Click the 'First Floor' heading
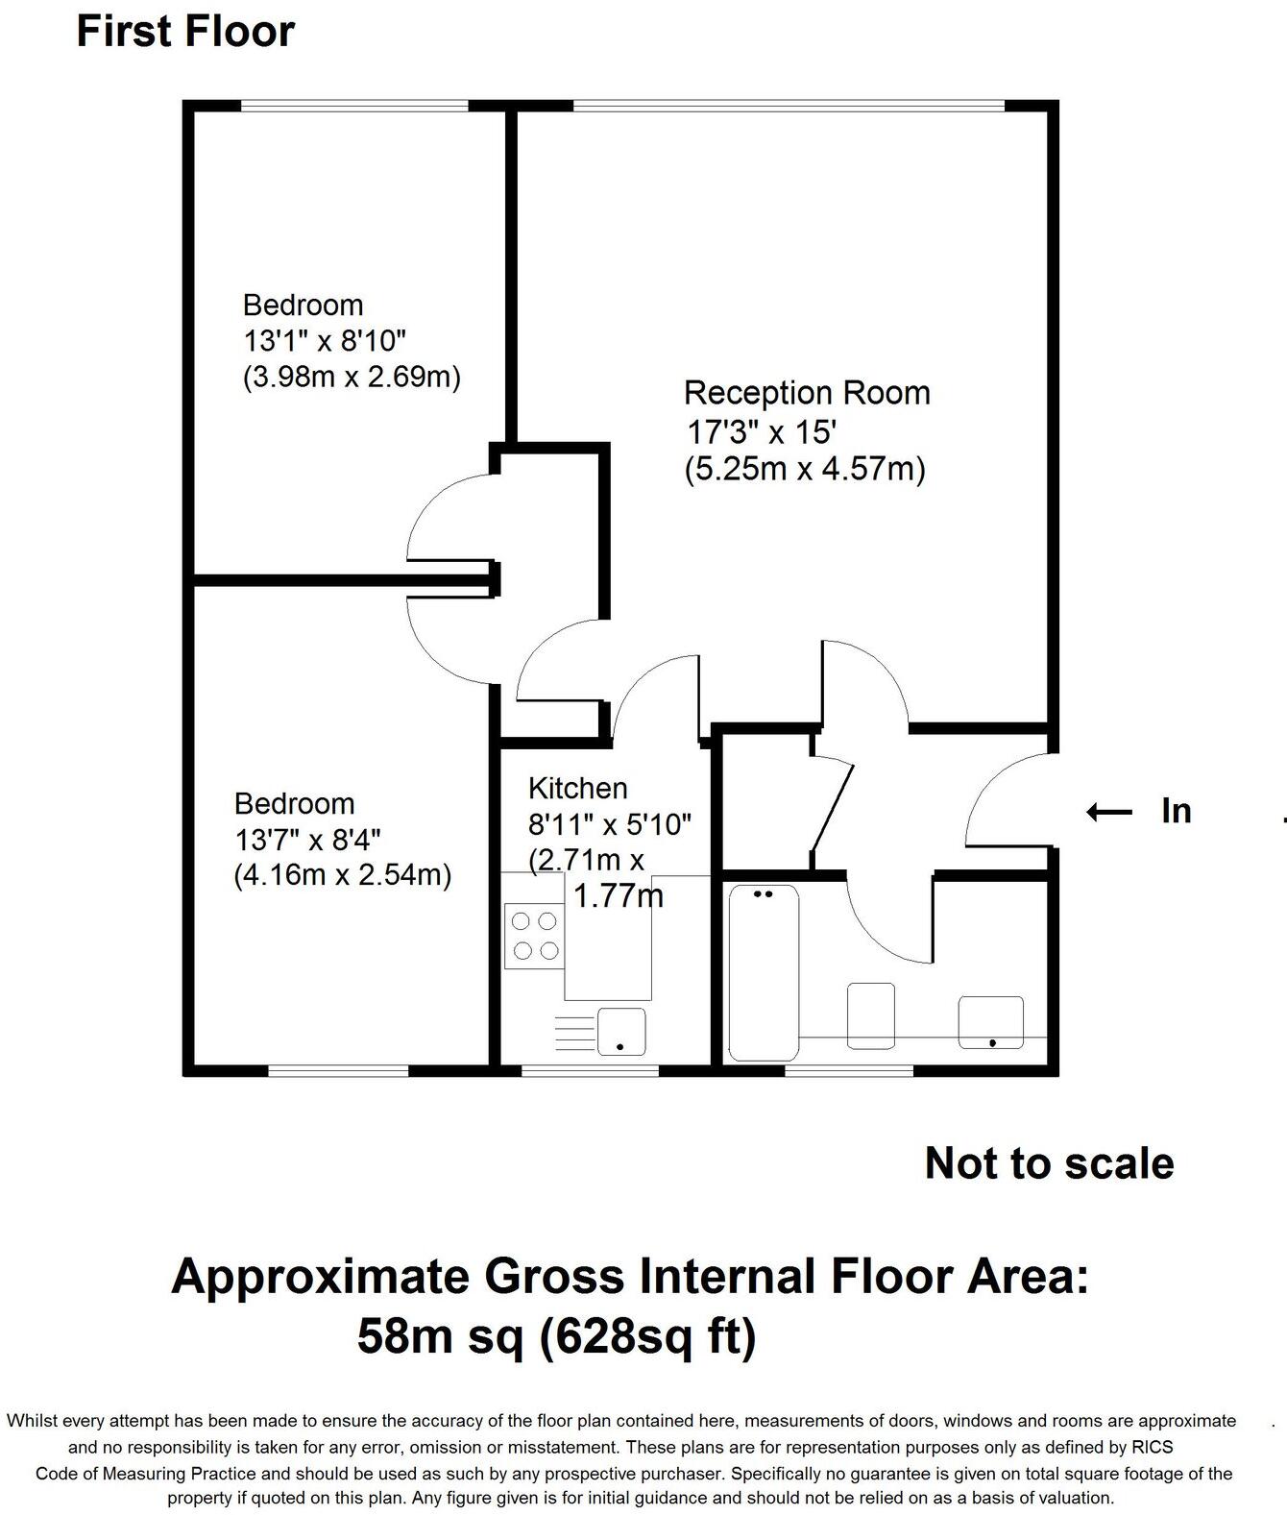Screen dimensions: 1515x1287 pyautogui.click(x=185, y=31)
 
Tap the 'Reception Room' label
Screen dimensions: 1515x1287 pyautogui.click(x=807, y=393)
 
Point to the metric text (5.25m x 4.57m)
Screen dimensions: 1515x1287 pyautogui.click(x=805, y=470)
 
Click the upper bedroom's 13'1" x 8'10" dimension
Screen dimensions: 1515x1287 pyautogui.click(x=325, y=340)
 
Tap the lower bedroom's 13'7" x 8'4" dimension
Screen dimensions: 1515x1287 pyautogui.click(x=308, y=839)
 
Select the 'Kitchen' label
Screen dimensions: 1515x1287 pyautogui.click(x=577, y=789)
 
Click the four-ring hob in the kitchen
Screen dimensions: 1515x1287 pyautogui.click(x=535, y=936)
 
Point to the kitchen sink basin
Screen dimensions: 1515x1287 pyautogui.click(x=621, y=1031)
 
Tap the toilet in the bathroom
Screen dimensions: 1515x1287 pyautogui.click(x=871, y=1014)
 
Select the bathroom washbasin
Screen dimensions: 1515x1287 pyautogui.click(x=990, y=1022)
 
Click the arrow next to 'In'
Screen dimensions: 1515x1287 pyautogui.click(x=1109, y=812)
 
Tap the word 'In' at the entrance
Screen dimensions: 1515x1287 pyautogui.click(x=1176, y=812)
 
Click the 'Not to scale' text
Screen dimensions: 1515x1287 pyautogui.click(x=1049, y=1163)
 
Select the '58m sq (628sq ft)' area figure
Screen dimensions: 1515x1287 pyautogui.click(x=556, y=1335)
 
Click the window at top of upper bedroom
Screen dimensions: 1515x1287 pyautogui.click(x=353, y=106)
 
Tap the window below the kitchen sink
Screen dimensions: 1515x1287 pyautogui.click(x=590, y=1069)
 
